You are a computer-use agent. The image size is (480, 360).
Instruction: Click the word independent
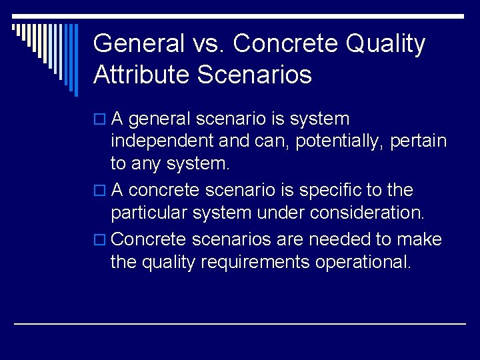pos(160,142)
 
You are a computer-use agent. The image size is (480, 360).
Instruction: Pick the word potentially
pos(341,142)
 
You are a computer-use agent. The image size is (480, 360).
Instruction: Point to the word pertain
pos(419,142)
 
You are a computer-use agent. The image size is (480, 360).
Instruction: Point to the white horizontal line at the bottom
pos(240,323)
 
